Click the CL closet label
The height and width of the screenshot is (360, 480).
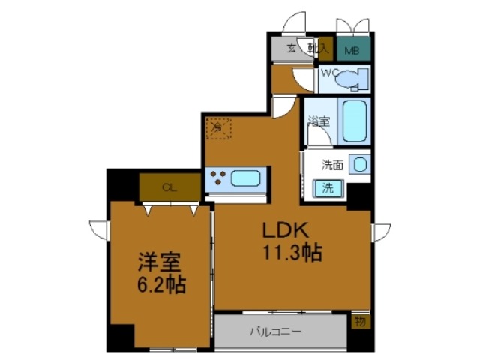point(169,187)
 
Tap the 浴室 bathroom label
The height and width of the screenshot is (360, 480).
point(320,121)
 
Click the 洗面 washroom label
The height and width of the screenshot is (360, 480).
point(332,164)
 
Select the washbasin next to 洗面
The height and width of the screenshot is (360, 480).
point(360,164)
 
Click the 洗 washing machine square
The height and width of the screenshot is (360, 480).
point(330,187)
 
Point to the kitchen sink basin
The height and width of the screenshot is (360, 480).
point(245,178)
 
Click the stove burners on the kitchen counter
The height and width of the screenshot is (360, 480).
point(219,178)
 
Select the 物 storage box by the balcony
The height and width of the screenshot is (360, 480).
point(361,321)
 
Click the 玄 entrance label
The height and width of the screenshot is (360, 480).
point(292,49)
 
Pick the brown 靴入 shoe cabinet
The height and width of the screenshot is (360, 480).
point(325,49)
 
